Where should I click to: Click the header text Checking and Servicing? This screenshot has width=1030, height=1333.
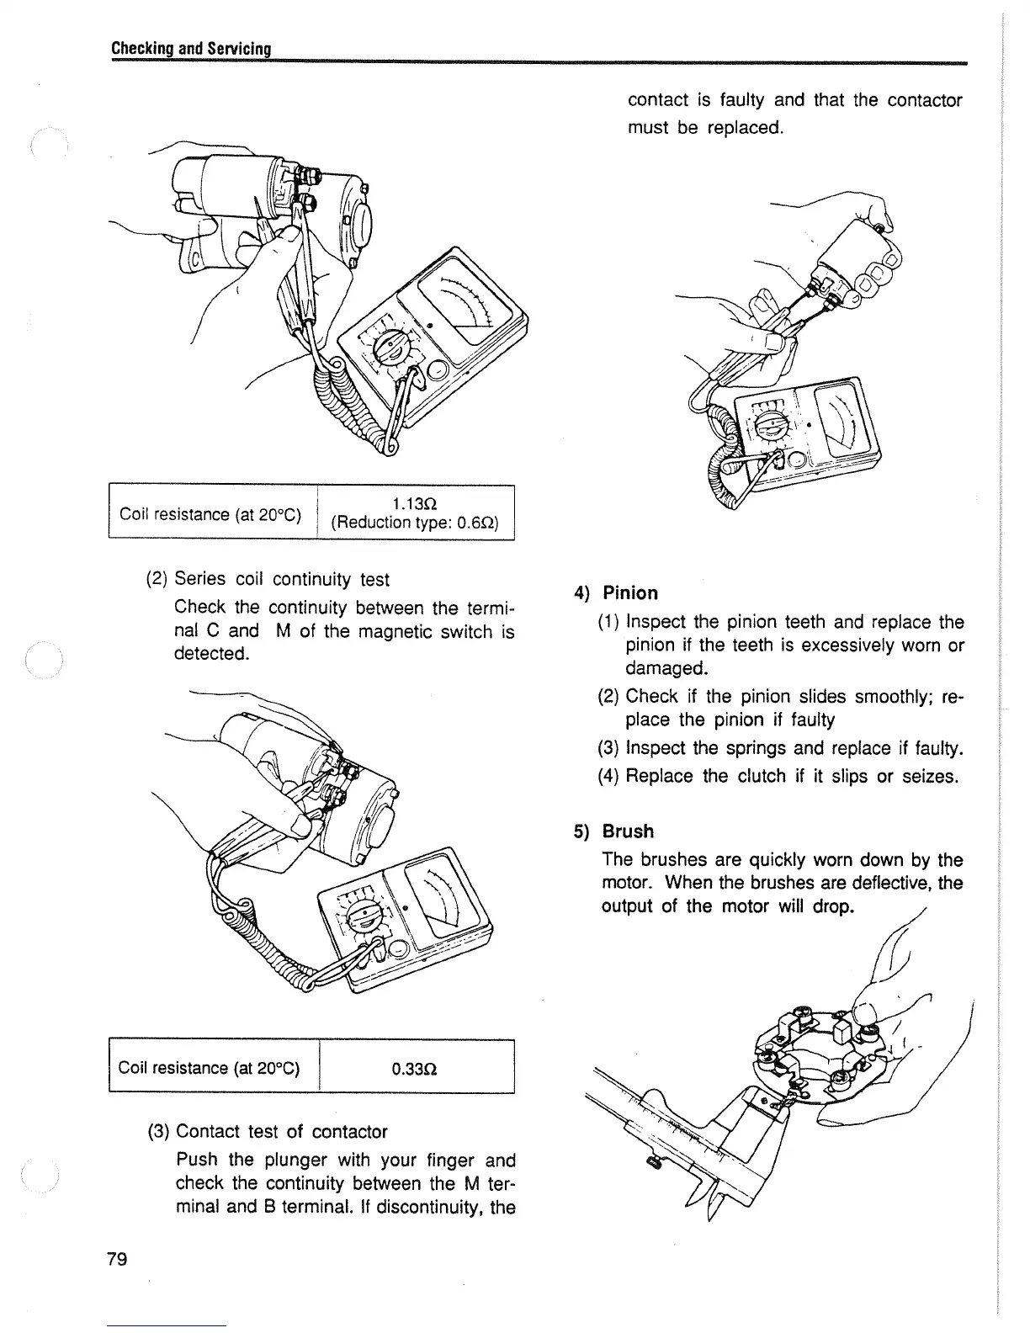point(190,49)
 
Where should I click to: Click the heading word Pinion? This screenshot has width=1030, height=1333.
point(630,593)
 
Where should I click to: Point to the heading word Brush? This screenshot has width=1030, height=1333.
point(628,831)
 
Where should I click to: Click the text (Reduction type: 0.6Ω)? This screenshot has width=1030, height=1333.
point(415,523)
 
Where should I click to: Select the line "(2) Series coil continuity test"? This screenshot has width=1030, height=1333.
point(268,579)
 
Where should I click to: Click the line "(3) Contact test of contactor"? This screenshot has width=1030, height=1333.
point(267,1132)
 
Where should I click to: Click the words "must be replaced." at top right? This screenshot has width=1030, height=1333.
point(706,128)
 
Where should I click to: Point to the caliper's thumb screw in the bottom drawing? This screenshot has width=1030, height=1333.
point(654,1164)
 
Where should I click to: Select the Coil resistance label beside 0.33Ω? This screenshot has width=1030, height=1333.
point(210,1069)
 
